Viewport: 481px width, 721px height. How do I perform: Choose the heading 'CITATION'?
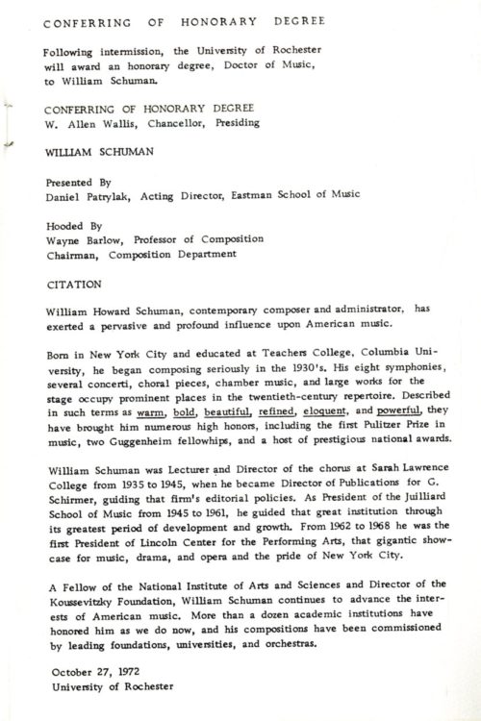click(x=72, y=286)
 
